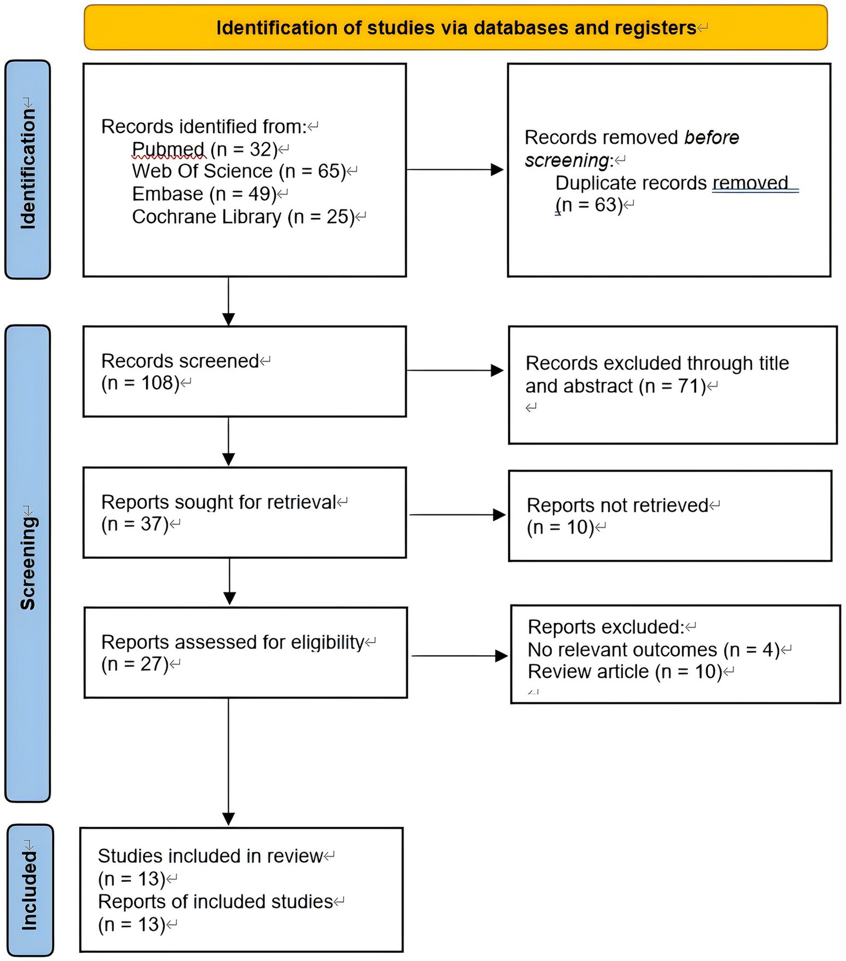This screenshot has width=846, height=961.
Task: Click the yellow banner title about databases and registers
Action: click(456, 28)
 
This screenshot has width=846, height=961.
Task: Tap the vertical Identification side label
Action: click(28, 169)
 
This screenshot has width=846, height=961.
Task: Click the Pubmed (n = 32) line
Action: click(204, 149)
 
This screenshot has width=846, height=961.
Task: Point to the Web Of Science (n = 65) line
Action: click(239, 171)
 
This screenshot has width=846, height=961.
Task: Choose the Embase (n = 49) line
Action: click(204, 194)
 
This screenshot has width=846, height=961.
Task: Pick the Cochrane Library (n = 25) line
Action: click(243, 217)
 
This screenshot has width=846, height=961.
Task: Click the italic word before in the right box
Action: click(711, 137)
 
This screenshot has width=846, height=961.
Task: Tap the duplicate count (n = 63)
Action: click(589, 205)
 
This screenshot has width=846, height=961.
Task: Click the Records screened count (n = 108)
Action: click(140, 383)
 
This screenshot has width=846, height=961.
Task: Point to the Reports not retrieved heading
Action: click(617, 505)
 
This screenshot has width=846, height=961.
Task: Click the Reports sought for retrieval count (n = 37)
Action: click(134, 524)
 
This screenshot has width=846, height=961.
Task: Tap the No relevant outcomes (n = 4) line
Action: click(654, 650)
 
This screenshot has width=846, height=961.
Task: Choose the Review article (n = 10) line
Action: click(625, 672)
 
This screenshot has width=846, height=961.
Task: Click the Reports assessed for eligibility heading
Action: click(233, 642)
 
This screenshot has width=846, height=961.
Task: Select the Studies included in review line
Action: click(210, 856)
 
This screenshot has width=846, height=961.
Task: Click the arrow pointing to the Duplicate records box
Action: click(455, 170)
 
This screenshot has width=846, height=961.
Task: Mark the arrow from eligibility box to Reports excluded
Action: click(459, 656)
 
